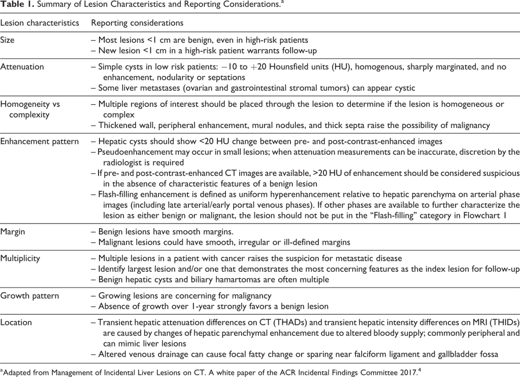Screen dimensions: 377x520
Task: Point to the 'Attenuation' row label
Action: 22,67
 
